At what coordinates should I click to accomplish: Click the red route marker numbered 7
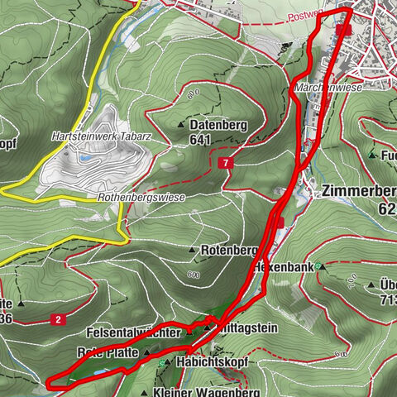click(225, 164)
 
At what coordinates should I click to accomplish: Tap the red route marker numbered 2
click(59, 318)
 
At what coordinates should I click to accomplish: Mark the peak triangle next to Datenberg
click(182, 125)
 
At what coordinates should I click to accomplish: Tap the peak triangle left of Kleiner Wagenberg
click(144, 393)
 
